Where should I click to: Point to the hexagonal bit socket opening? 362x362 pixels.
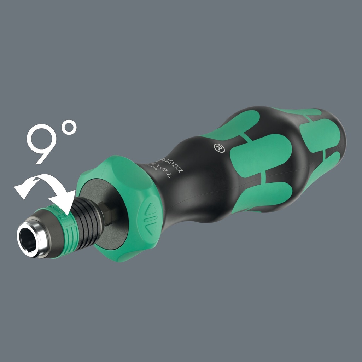coord(29,241)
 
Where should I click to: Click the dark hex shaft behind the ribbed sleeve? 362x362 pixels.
coord(106,212)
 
